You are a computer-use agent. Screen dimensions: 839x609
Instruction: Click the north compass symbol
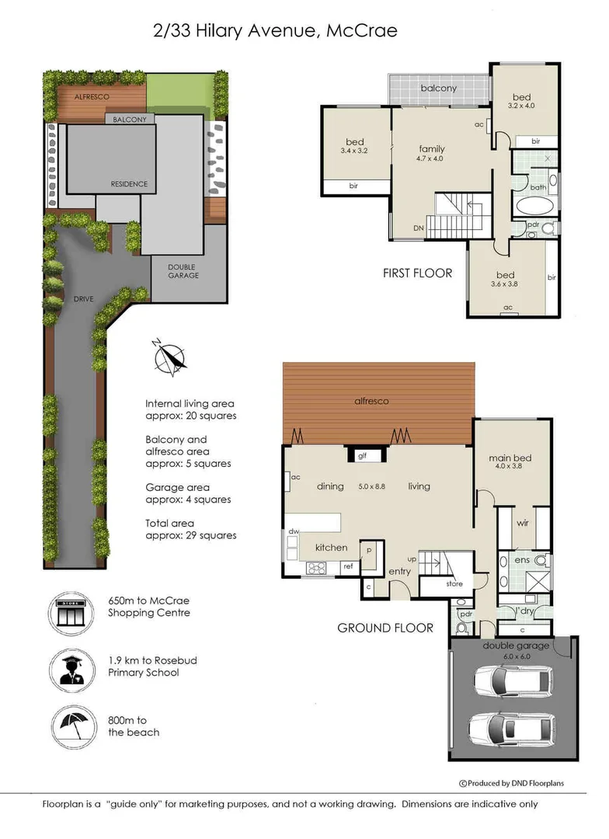[170, 357]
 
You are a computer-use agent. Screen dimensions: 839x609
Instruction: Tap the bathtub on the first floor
[534, 207]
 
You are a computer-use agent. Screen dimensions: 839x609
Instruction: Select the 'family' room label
[432, 148]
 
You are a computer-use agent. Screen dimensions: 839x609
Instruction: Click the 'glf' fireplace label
[362, 457]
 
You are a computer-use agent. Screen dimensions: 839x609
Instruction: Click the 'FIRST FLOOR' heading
[416, 273]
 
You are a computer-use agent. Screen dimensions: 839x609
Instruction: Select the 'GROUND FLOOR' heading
[385, 628]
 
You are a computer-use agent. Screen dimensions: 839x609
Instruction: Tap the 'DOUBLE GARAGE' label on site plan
[183, 271]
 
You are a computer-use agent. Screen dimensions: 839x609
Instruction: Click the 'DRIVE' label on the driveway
[83, 298]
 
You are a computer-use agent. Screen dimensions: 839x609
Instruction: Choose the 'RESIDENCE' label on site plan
[128, 184]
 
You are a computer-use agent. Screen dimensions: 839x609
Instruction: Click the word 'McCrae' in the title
[362, 31]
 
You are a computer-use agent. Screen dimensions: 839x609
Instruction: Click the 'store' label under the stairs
[454, 583]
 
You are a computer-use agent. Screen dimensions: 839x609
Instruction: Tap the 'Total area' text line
[169, 523]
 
